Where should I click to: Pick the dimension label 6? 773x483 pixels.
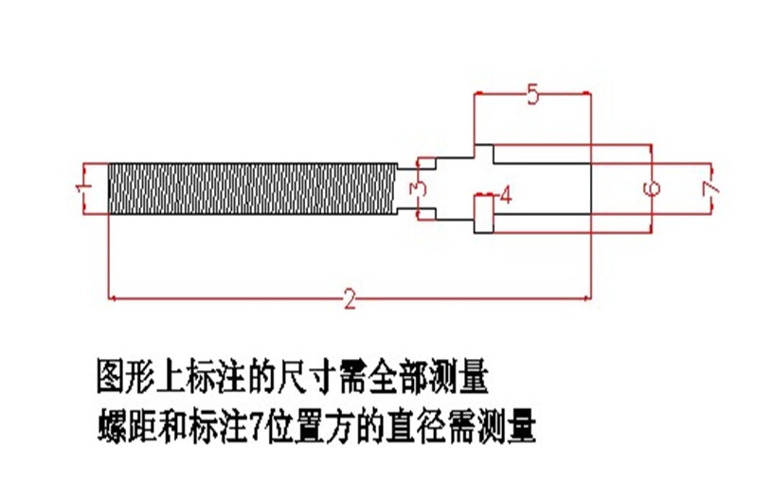click(x=652, y=188)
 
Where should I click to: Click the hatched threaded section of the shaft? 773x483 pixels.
click(x=251, y=188)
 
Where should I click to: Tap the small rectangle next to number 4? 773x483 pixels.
click(x=483, y=214)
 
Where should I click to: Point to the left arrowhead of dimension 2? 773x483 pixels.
click(x=113, y=298)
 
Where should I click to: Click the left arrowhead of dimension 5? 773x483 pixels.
click(x=477, y=94)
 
